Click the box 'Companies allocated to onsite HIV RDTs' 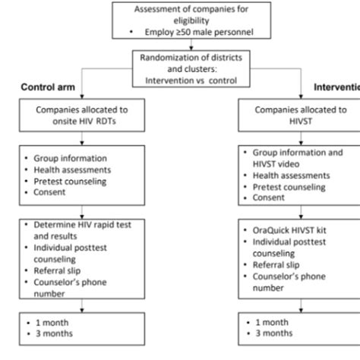tap(82, 115)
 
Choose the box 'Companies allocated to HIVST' tap(298, 115)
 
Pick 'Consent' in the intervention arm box tap(269, 198)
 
